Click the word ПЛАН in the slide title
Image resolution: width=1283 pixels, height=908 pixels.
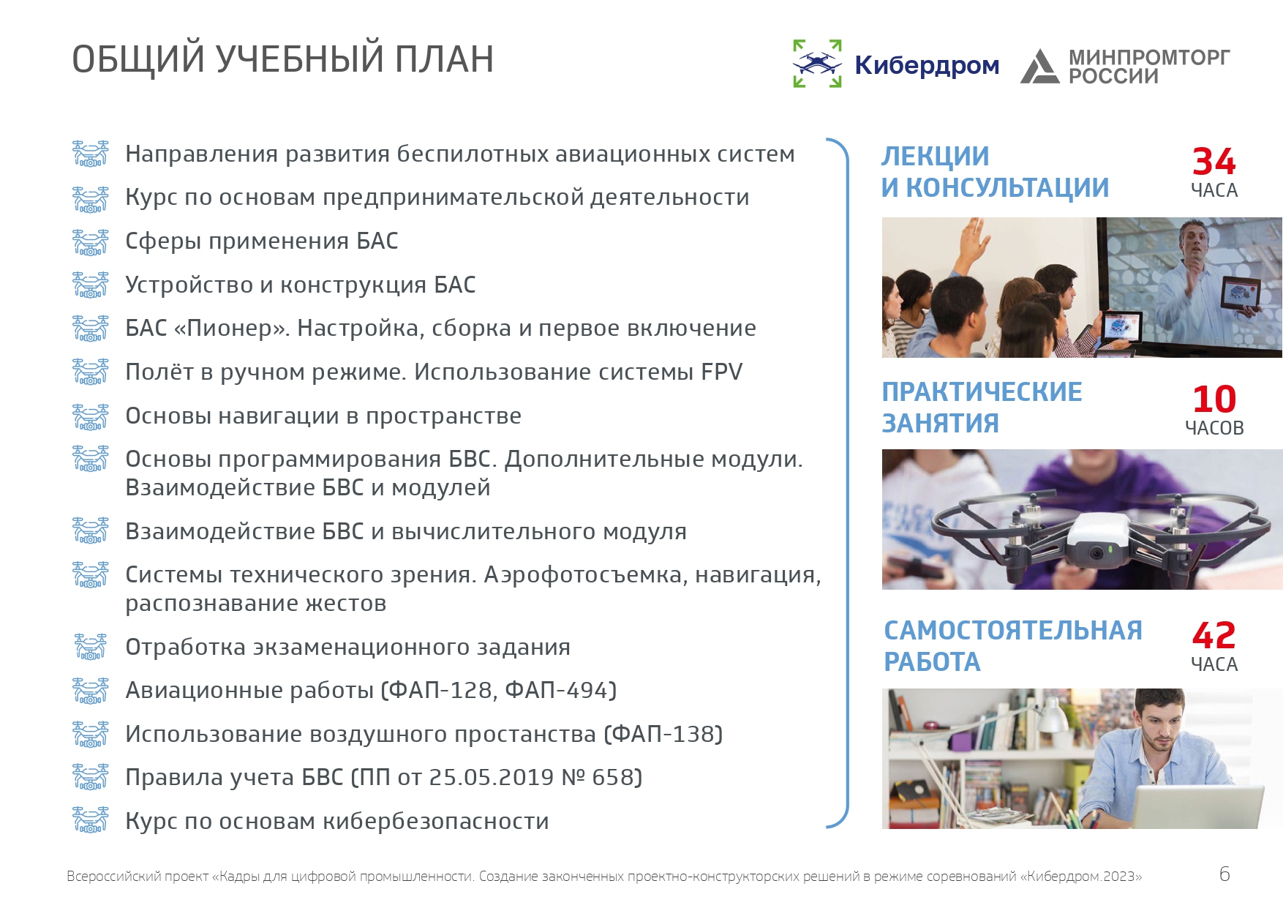444,59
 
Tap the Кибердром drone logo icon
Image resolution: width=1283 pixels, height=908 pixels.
818,64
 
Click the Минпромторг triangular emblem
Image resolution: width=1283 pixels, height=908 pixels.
1040,66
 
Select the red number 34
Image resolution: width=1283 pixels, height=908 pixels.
1214,161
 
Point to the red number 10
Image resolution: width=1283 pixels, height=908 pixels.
1214,399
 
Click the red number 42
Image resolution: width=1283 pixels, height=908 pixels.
1214,635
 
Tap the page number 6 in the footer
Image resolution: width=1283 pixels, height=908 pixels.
1224,874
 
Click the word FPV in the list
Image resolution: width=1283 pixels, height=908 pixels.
721,372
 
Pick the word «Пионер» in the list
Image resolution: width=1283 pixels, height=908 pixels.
232,328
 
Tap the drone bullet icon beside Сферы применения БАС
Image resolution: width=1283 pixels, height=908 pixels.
91,241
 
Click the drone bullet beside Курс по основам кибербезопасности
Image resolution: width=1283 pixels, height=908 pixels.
91,820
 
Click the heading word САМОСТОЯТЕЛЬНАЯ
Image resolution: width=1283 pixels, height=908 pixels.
1013,630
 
